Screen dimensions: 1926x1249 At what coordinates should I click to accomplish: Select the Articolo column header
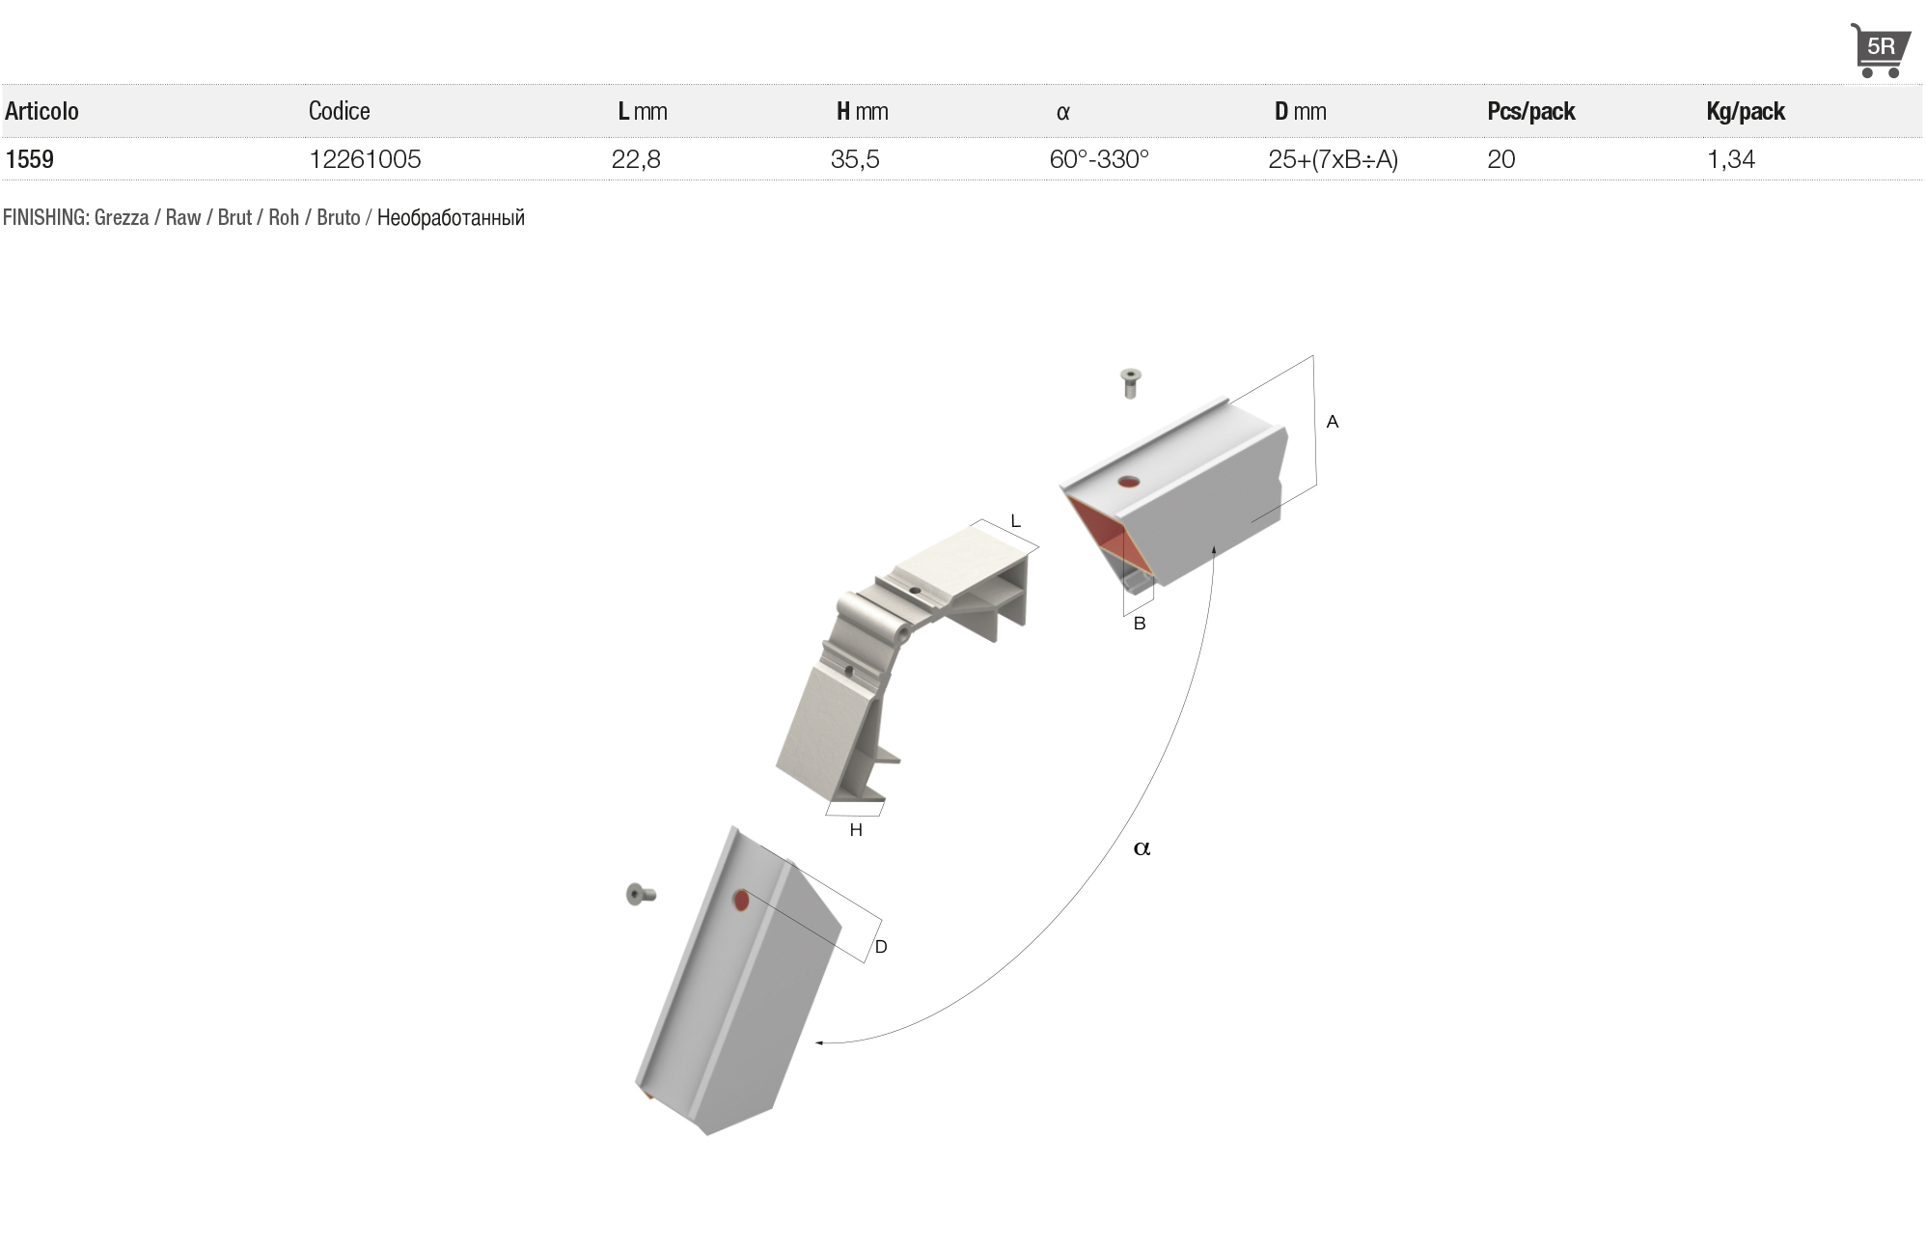click(41, 111)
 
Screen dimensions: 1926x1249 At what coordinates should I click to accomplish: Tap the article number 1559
click(30, 159)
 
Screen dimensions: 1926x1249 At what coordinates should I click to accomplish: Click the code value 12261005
click(365, 159)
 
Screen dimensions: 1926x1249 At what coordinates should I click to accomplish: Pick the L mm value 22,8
click(636, 159)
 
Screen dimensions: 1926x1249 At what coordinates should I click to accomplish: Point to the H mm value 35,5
click(855, 159)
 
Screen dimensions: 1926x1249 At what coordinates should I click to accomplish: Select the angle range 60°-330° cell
click(1099, 159)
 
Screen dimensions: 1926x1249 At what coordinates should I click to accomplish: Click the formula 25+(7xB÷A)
click(1333, 159)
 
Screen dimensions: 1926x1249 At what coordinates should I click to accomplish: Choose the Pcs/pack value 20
click(1501, 159)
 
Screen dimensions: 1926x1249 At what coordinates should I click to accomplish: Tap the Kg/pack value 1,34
click(1731, 159)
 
